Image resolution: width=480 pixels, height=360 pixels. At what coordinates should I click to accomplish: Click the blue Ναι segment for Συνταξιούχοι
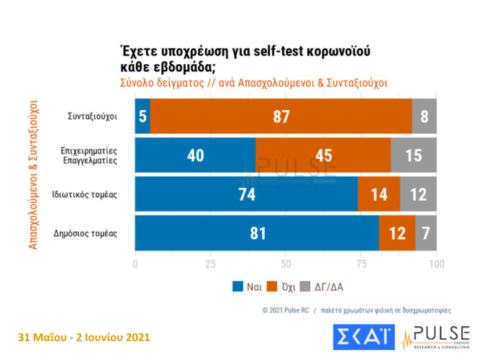142,117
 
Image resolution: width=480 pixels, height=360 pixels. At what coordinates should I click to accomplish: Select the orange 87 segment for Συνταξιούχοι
281,117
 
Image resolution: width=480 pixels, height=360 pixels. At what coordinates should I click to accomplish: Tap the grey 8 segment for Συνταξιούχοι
425,117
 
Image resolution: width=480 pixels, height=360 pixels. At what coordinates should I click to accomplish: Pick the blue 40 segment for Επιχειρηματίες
195,156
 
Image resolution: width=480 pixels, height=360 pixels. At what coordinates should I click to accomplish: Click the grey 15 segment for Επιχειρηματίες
414,156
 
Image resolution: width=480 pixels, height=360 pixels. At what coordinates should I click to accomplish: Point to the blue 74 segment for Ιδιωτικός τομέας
246,194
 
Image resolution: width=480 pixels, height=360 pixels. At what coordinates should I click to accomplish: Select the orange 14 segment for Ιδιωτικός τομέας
379,194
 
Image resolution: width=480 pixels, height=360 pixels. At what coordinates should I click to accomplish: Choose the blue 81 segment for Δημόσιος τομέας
257,233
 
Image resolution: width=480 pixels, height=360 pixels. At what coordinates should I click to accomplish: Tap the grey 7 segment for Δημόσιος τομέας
426,233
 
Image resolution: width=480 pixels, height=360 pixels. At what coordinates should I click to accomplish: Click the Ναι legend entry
245,286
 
